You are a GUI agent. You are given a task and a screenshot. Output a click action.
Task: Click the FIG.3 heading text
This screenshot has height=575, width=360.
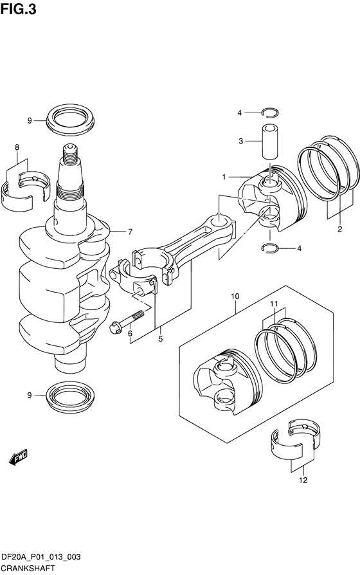(x=19, y=9)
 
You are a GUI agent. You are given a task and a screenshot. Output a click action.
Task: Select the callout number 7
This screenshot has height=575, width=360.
(x=130, y=232)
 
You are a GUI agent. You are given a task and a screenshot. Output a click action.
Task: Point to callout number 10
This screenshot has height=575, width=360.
(x=235, y=296)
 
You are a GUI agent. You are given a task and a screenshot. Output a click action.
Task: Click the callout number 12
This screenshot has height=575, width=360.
(x=303, y=480)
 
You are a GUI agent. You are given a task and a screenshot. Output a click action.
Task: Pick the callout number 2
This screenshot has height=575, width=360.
(x=340, y=229)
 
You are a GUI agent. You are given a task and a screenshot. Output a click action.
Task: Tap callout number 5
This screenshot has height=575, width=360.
(x=161, y=339)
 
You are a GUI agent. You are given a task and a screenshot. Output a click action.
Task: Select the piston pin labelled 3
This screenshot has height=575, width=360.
(x=269, y=141)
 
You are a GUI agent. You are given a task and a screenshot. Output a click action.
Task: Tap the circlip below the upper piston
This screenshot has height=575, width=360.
(x=270, y=248)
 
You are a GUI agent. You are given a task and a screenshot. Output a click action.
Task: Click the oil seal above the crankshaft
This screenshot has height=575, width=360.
(x=70, y=118)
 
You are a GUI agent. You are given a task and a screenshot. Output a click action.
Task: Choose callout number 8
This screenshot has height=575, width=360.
(x=17, y=147)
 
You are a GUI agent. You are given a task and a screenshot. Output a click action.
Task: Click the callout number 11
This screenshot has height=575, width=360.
(x=274, y=304)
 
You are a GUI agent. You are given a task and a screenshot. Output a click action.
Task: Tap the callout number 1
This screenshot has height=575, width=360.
(x=224, y=177)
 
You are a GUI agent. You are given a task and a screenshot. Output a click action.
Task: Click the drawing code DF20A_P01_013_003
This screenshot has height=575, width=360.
(x=41, y=558)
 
